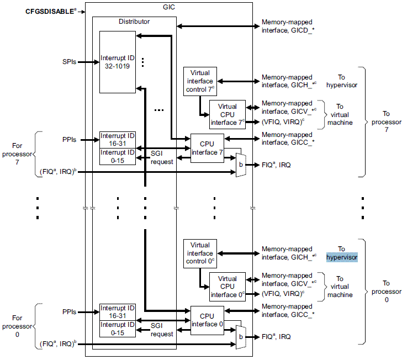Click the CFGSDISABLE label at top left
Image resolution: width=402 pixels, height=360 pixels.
point(50,11)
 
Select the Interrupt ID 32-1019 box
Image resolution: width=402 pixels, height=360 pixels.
point(117,61)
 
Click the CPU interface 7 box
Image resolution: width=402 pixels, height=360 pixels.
point(207,148)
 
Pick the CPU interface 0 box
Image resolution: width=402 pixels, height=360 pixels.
point(207,320)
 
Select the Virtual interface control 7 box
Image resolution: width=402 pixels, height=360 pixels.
point(200,81)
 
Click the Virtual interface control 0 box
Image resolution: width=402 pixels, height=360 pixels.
point(200,253)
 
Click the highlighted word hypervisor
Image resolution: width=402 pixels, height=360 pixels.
point(341,257)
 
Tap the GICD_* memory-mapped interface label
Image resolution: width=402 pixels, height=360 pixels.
point(288,26)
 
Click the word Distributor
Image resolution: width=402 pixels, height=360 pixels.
point(134,22)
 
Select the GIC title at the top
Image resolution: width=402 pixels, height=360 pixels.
point(168,7)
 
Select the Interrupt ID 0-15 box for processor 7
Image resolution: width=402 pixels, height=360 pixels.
point(117,156)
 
